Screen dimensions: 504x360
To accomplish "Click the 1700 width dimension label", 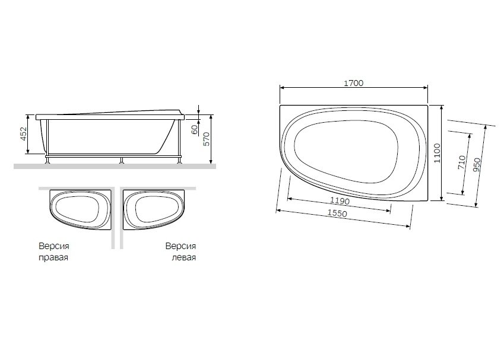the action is [x=354, y=83].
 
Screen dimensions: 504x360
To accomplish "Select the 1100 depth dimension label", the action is [x=437, y=153].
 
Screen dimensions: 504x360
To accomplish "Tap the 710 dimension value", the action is [x=462, y=162].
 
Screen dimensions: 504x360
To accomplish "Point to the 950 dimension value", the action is [x=477, y=164].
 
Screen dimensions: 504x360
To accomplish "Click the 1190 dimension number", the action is [x=340, y=200].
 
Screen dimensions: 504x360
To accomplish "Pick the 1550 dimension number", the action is [x=337, y=213].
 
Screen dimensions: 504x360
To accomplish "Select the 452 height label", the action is [x=24, y=134].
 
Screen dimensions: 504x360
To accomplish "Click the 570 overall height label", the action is [x=207, y=139].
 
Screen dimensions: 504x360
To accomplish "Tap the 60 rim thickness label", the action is [x=195, y=130].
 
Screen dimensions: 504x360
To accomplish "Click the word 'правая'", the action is [x=53, y=257].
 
